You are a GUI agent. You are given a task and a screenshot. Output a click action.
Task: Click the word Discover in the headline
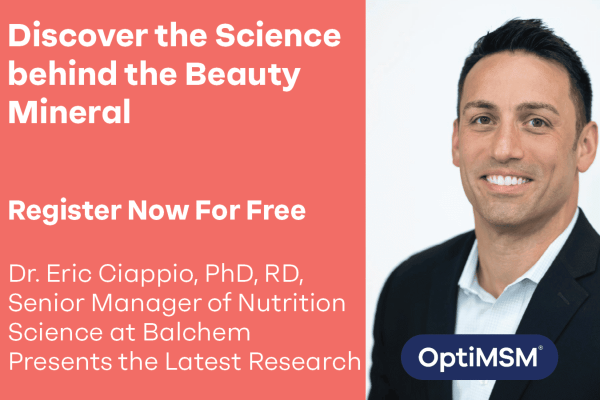[x=78, y=35]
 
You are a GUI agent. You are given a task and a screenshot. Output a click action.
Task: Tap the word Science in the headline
[x=278, y=35]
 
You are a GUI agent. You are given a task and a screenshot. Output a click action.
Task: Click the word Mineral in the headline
[x=69, y=111]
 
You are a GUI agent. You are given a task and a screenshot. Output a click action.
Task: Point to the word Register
[x=65, y=211]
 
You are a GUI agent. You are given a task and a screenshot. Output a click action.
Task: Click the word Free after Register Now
[x=276, y=210]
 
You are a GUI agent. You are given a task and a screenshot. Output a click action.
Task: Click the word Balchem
[x=196, y=332]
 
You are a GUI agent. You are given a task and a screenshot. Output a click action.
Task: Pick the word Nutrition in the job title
[x=291, y=303]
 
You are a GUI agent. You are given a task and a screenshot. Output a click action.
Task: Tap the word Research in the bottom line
[x=305, y=361]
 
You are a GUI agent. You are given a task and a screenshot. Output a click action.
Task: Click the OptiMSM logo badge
[x=479, y=357]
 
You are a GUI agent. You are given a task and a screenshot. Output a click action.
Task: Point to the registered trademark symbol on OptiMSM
[x=540, y=348]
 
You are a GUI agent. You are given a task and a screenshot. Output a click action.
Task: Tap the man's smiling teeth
[x=507, y=180]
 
